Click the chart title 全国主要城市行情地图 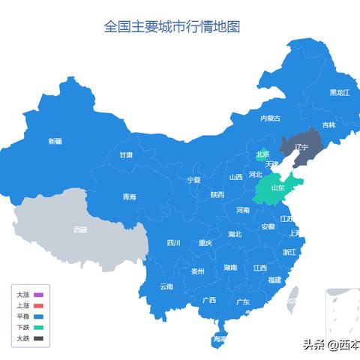pyautogui.click(x=172, y=27)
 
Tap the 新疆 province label pyautogui.click(x=55, y=141)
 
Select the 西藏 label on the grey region pyautogui.click(x=79, y=229)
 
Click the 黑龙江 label pyautogui.click(x=340, y=93)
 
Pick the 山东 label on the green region pyautogui.click(x=277, y=187)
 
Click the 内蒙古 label pyautogui.click(x=270, y=118)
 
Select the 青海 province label pyautogui.click(x=130, y=196)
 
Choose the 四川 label pyautogui.click(x=173, y=243)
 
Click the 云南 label pyautogui.click(x=166, y=286)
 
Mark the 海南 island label pyautogui.click(x=218, y=339)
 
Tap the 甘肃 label pyautogui.click(x=125, y=155)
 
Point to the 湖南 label pyautogui.click(x=230, y=268)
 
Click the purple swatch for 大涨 pyautogui.click(x=39, y=295)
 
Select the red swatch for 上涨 pyautogui.click(x=39, y=306)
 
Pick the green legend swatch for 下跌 pyautogui.click(x=39, y=328)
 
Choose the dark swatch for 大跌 pyautogui.click(x=39, y=339)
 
